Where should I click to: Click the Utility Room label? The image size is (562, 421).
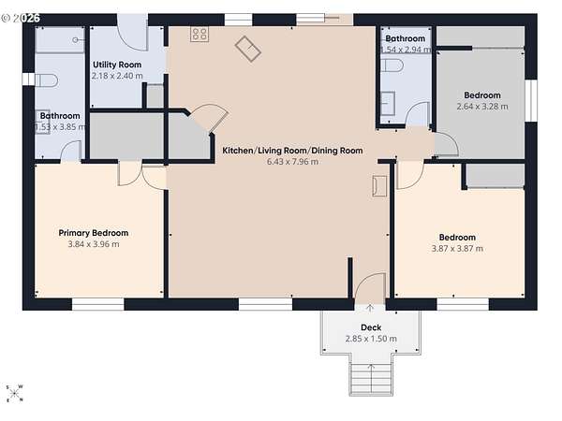coord(117,65)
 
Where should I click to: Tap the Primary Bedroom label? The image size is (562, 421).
coord(93,233)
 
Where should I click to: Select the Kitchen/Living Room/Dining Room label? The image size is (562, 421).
coord(292,151)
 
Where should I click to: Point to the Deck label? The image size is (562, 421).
coord(371,327)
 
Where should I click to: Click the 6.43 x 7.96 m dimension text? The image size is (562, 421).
coord(292,162)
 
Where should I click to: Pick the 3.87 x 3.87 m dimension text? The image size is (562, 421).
coord(457,249)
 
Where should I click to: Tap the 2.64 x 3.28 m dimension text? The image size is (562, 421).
coord(482,107)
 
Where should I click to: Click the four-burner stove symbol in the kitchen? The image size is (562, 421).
coord(200,35)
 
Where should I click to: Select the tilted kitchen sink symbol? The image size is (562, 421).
coord(247,49)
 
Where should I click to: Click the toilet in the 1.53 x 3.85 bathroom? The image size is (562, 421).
coord(46,80)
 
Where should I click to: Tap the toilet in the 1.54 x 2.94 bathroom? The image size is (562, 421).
coord(392,65)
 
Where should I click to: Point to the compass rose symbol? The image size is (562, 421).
coord(14,394)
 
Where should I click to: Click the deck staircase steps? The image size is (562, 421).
coord(371,379)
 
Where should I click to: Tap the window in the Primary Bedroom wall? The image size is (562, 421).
coord(97,304)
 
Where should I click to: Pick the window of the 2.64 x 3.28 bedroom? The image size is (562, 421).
coord(531,101)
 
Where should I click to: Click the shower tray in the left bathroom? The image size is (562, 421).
coord(60,39)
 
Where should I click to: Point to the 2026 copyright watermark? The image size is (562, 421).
coord(21,18)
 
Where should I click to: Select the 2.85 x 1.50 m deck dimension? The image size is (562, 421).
coord(371,339)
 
